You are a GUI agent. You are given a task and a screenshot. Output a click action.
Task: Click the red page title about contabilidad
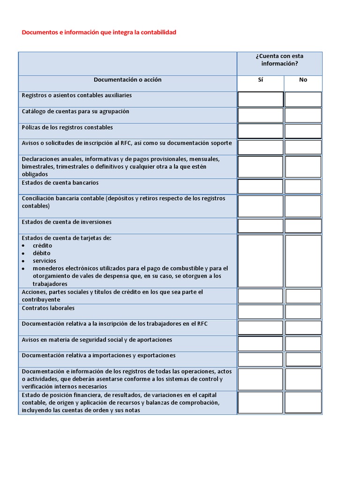pos(99,32)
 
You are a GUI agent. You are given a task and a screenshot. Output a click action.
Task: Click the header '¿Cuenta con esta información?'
pos(279,60)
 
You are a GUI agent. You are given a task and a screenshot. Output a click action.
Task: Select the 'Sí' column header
pos(261,80)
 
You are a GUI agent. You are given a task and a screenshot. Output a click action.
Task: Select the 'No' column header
pos(303,80)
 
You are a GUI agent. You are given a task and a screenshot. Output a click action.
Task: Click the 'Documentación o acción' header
pos(127,80)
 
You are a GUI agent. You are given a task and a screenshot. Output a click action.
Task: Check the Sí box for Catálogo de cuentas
pos(261,115)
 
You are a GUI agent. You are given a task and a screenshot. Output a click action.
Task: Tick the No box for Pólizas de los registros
pos(303,131)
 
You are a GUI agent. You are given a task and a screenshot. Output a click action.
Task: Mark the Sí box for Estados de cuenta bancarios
pos(261,187)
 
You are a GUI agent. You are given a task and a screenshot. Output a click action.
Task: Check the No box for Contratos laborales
pos(303,312)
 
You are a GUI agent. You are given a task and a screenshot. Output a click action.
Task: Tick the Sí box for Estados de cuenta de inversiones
pos(261,226)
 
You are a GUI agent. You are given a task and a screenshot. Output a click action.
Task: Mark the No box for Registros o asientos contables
pos(303,99)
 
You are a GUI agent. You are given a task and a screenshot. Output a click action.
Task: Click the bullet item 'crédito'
pos(42,246)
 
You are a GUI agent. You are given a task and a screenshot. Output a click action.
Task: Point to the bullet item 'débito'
pos(41,253)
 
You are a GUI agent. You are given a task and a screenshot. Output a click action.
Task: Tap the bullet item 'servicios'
pos(44,261)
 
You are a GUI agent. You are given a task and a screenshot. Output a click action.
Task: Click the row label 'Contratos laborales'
pos(48,308)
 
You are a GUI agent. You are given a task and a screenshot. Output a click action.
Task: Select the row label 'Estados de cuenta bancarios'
pos(60,182)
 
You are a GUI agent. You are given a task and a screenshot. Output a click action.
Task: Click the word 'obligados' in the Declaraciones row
pos(35,174)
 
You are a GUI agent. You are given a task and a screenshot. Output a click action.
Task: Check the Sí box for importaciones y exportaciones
pos(261,360)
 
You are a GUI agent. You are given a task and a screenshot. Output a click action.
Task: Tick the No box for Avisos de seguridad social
pos(303,344)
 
